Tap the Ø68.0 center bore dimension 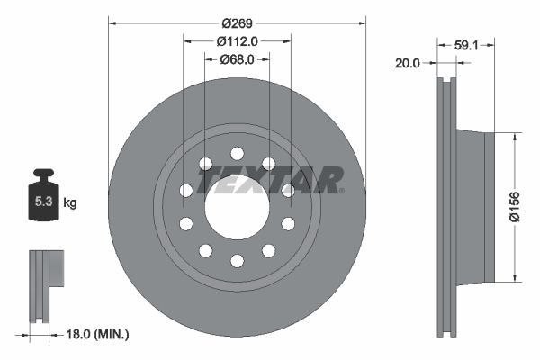[238, 59]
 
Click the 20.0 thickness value [409, 63]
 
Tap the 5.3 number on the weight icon [43, 203]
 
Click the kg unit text [70, 203]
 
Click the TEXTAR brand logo [270, 180]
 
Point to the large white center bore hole [237, 207]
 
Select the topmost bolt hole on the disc [237, 154]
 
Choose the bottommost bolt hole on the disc [237, 260]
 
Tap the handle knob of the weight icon [43, 174]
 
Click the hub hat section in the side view [475, 207]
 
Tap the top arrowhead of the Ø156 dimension [514, 137]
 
